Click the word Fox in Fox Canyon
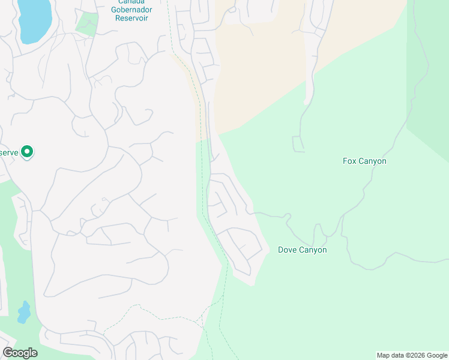pos(350,161)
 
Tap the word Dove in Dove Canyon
pos(289,250)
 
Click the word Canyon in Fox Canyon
pos(373,161)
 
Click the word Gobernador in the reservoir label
pos(132,10)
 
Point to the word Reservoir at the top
pos(132,18)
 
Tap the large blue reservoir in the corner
pos(35,19)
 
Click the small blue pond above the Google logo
pos(24,312)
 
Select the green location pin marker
pos(27,152)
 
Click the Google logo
pos(20,353)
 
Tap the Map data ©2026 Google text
pos(412,355)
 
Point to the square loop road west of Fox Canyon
pos(298,144)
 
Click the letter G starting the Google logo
pos(8,352)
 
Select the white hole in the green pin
pos(27,151)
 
